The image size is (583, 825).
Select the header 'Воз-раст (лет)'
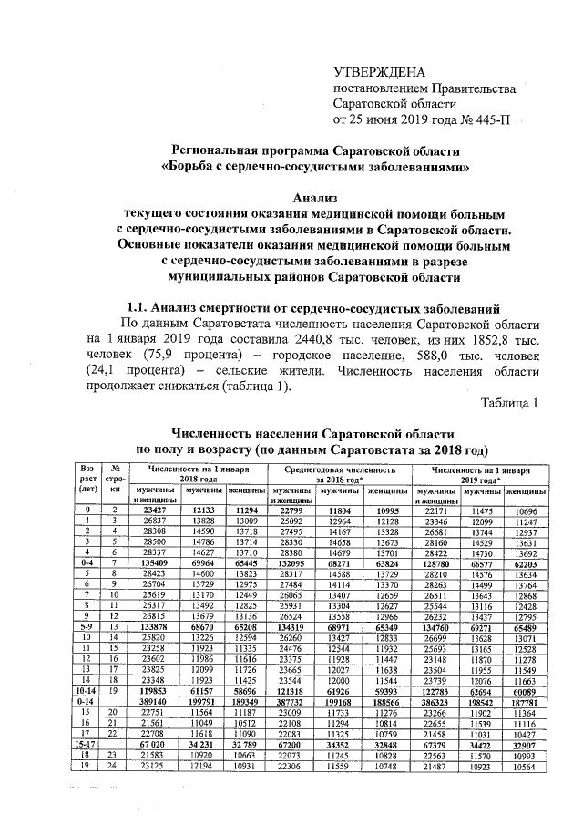coord(88,478)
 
